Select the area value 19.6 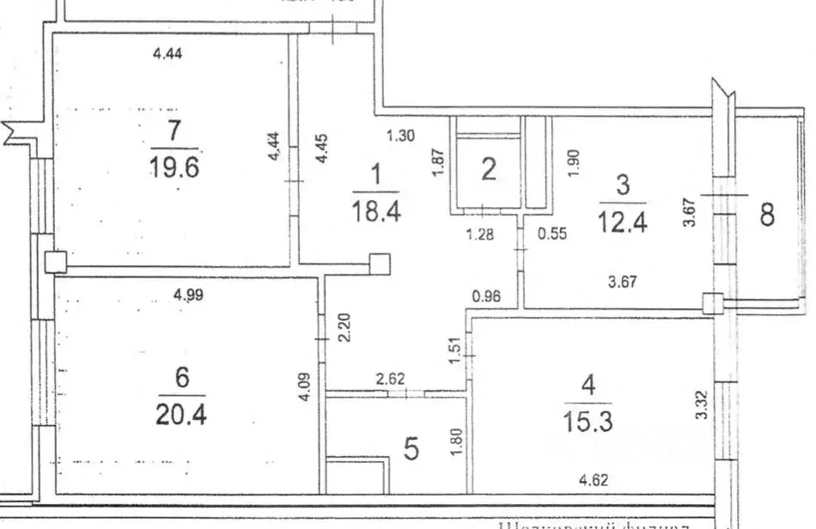tap(174, 167)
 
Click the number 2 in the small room tap(488, 169)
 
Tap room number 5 tap(411, 449)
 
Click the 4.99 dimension tap(189, 295)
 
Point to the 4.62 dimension tap(594, 481)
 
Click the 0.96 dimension tap(487, 297)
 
